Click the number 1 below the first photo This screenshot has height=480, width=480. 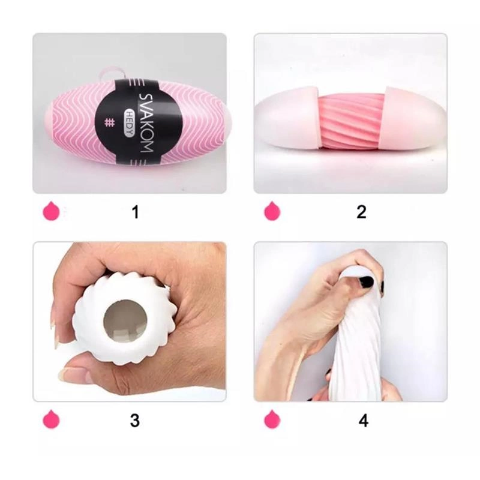click(136, 212)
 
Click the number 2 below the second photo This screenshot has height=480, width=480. click(362, 212)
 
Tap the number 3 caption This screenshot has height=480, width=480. click(135, 421)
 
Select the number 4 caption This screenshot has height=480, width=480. click(364, 421)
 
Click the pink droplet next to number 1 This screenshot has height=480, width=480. click(51, 211)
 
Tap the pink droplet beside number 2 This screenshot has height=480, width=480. click(272, 211)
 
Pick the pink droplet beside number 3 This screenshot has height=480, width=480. click(51, 419)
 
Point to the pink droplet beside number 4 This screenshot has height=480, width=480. click(272, 419)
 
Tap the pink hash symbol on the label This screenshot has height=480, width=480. click(109, 122)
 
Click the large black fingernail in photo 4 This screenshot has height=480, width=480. click(366, 281)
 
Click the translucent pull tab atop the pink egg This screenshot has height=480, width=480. click(113, 75)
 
